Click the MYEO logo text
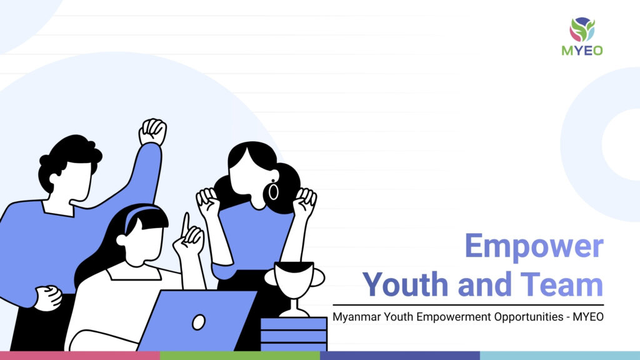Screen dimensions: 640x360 [582, 50]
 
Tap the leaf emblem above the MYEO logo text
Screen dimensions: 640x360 [582, 29]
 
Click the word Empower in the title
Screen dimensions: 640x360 [534, 246]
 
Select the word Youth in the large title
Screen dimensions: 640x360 [406, 284]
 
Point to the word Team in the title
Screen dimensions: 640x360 [562, 284]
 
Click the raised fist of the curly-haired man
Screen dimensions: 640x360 [152, 132]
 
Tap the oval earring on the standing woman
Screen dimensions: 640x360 [273, 191]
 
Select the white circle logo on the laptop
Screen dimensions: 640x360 [199, 322]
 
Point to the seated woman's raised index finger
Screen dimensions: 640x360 [186, 224]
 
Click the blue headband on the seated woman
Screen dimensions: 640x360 [141, 215]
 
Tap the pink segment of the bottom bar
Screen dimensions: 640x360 [80, 356]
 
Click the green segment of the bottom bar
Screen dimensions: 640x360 [240, 356]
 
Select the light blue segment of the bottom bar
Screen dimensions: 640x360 [560, 356]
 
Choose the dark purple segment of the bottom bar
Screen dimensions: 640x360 [400, 356]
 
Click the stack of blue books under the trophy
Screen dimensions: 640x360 [294, 334]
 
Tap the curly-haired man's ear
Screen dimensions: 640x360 [55, 179]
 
